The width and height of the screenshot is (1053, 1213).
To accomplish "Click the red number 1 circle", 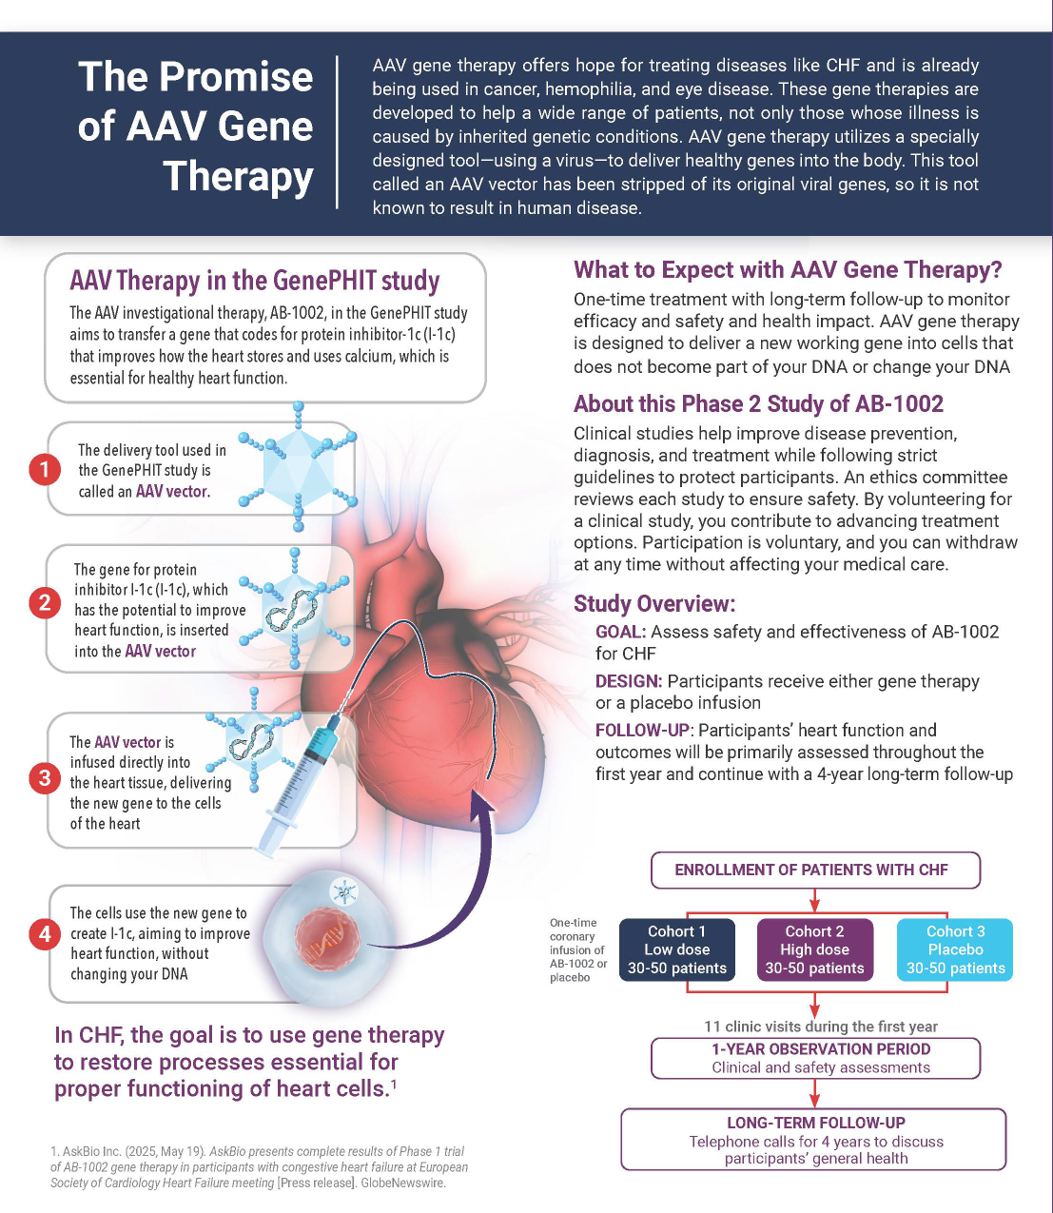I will click(44, 469).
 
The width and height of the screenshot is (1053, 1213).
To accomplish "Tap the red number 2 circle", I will click(44, 602).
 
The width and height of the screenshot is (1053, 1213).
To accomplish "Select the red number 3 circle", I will click(44, 778).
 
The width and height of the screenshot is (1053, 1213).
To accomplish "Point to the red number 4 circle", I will click(44, 934).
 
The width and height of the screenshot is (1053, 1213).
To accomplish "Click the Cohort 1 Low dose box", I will click(676, 949).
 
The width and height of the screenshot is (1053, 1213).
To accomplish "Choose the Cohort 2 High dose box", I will click(814, 949).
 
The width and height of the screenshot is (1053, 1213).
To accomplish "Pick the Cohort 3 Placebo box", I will click(955, 949).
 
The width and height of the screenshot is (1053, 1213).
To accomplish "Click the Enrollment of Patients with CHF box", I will click(814, 870).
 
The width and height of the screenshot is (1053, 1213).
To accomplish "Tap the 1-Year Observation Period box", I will click(814, 1058).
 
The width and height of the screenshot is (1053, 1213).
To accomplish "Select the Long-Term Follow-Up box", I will click(814, 1139).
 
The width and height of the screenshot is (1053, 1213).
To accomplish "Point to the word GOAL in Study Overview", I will click(620, 632).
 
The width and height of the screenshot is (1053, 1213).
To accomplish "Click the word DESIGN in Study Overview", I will click(628, 681).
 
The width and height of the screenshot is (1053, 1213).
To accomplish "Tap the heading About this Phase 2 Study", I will click(758, 404).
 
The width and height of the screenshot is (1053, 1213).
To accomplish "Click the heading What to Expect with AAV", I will click(788, 270).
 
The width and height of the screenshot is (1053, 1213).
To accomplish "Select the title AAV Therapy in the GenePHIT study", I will click(254, 281).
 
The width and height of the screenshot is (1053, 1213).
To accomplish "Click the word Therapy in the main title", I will click(238, 177).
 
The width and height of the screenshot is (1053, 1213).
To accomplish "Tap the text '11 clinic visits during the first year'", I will click(820, 1027).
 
